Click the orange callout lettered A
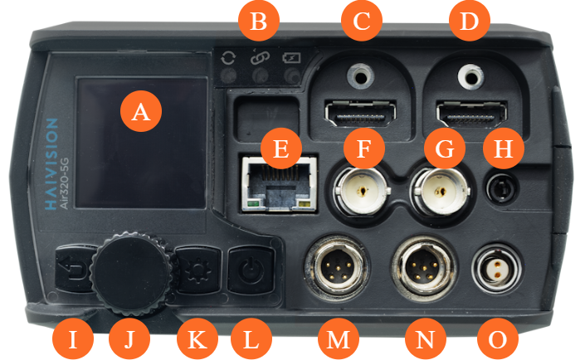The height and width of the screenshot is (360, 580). coord(141,111)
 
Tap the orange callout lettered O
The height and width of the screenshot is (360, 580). coord(498,338)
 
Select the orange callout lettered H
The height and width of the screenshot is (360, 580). coord(504,148)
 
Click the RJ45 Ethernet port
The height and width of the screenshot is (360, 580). coord(280,183)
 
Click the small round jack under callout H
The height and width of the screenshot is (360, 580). coord(502,188)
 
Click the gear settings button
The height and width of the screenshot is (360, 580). coord(197,269)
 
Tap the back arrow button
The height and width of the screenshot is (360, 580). coord(74,269)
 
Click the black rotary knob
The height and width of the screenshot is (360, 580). coord(132,274)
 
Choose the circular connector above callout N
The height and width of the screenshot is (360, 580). coord(424,268)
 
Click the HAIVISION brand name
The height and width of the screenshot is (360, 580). coord(51,164)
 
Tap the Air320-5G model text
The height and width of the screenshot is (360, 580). coord(64,183)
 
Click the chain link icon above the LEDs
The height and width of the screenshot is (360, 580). coord(260,57)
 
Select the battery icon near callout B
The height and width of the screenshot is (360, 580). coord(291,58)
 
